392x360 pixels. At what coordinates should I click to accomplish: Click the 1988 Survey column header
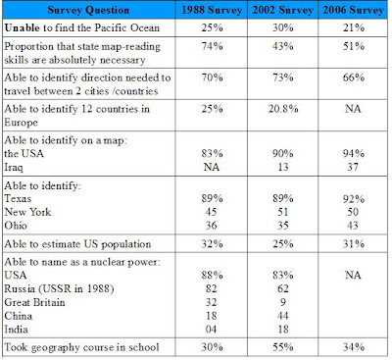tap(212, 10)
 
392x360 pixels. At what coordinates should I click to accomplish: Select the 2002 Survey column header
tap(282, 10)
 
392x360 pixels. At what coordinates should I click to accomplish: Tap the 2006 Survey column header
tap(354, 10)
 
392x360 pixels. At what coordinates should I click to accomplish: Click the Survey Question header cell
tap(88, 10)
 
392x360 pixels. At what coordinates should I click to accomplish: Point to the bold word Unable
tap(23, 27)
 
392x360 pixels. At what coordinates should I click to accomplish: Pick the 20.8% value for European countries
tap(283, 109)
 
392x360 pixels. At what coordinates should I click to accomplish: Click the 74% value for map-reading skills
tap(212, 46)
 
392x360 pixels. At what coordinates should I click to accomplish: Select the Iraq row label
tap(14, 168)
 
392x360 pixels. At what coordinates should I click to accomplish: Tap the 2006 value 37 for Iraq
tap(353, 167)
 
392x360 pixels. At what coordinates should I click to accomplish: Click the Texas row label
tap(18, 198)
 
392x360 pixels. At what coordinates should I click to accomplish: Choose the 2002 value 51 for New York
tap(283, 212)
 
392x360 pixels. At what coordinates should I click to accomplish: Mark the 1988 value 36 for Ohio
tap(211, 226)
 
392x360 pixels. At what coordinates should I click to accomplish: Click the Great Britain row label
tap(34, 302)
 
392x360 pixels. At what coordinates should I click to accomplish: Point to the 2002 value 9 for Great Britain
tap(283, 302)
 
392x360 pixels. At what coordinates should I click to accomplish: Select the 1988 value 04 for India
tap(211, 329)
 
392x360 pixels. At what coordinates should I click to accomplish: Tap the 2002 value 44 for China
tap(283, 316)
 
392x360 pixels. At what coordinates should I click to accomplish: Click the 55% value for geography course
tap(283, 347)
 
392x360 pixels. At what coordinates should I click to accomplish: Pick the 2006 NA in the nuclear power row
tap(353, 275)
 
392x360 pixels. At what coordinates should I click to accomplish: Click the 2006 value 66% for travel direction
tap(354, 77)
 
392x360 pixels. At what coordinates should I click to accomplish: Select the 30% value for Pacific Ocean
tap(283, 27)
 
